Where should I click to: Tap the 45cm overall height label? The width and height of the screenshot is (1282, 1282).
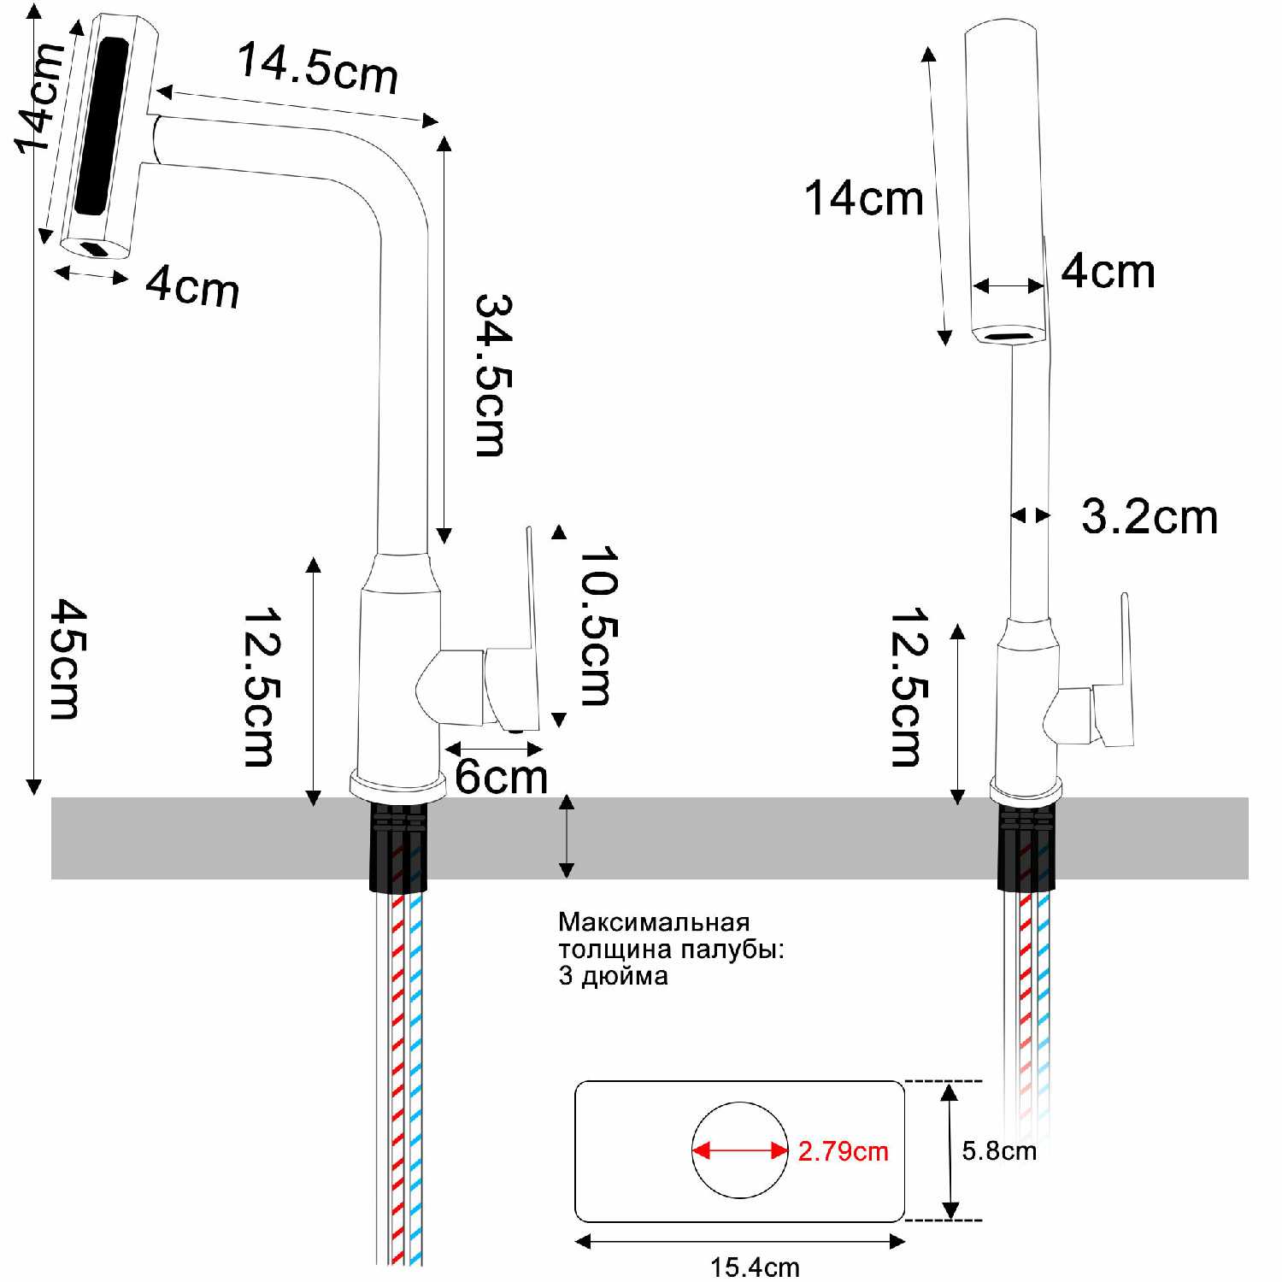tap(67, 658)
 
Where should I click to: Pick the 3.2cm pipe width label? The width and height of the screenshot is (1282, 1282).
tap(1149, 517)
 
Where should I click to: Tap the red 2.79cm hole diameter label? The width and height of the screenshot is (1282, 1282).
tap(843, 1151)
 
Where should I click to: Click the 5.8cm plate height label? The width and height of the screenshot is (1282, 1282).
tap(998, 1150)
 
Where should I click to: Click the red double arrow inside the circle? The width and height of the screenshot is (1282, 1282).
tap(740, 1150)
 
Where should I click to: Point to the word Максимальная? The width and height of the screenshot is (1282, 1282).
tap(654, 922)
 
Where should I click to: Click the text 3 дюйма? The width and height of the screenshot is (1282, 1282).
tap(613, 976)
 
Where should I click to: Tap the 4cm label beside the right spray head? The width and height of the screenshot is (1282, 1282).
tap(1108, 272)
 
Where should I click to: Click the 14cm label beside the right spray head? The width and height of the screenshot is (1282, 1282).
tap(863, 198)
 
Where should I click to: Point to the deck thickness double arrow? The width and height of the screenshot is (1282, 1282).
tap(567, 837)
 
